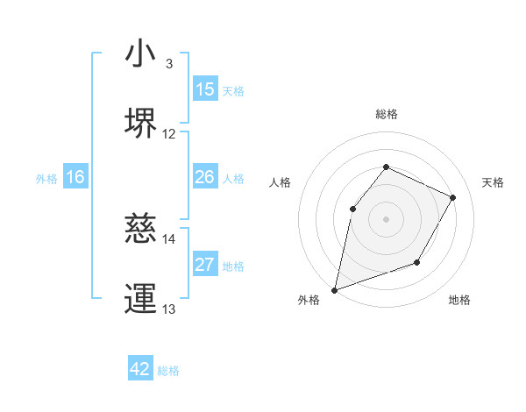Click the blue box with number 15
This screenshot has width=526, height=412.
click(205, 89)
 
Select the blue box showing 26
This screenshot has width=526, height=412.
click(205, 177)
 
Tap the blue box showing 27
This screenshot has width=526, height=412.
click(205, 265)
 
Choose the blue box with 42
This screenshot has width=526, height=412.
click(140, 369)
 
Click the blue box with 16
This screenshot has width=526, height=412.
click(75, 177)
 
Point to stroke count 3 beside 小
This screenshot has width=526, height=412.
click(169, 63)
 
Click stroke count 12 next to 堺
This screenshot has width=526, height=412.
click(169, 134)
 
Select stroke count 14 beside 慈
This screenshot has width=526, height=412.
click(169, 238)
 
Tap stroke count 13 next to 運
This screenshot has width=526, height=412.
click(169, 309)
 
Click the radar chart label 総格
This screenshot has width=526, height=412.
click(386, 114)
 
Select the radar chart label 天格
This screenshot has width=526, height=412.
click(493, 182)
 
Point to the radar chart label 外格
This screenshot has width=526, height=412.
click(309, 300)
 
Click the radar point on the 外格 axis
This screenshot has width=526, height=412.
click(334, 289)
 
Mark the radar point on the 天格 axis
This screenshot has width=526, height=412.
click(453, 197)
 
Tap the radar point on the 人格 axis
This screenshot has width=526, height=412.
click(352, 209)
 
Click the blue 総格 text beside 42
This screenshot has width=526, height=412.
click(168, 371)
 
